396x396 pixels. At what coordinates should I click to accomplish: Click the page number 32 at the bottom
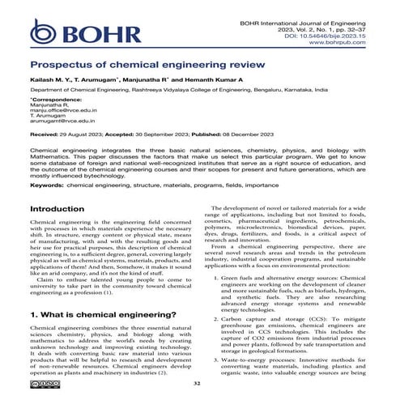click(x=198, y=383)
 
